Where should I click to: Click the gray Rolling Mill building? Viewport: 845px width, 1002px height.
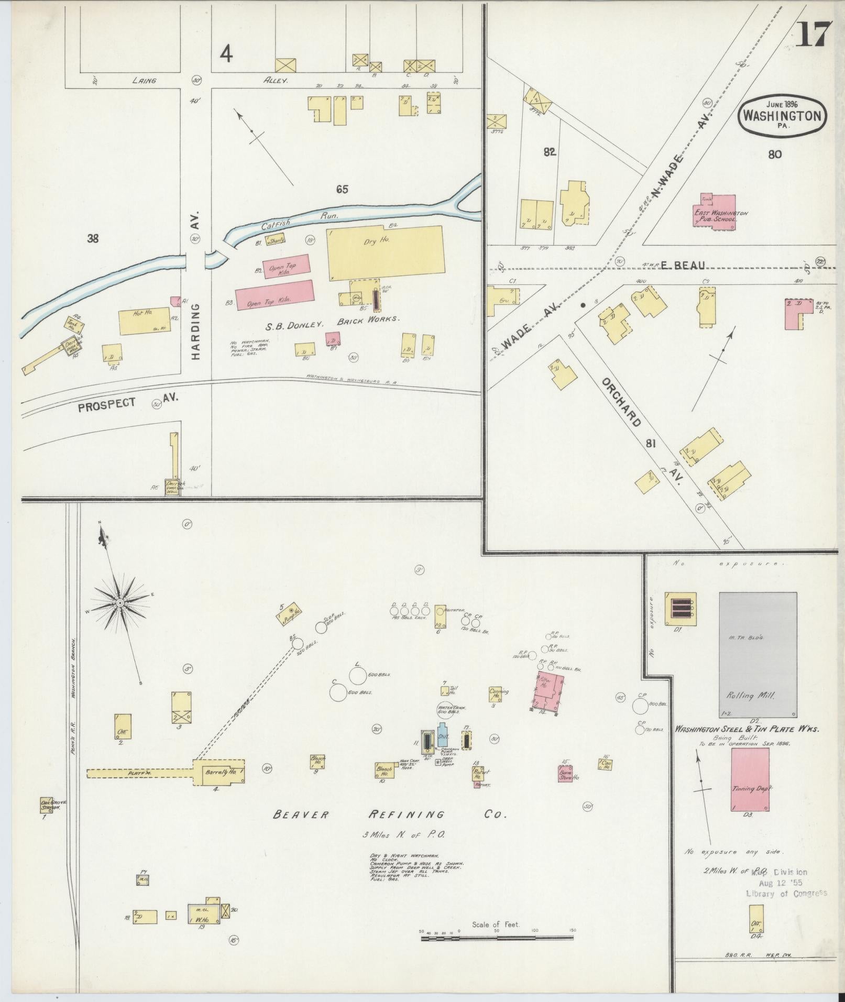click(758, 654)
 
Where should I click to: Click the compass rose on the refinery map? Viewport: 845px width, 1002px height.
click(120, 603)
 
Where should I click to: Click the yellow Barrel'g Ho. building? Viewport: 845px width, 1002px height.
click(219, 773)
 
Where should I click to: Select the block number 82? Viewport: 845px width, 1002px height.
click(549, 152)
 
